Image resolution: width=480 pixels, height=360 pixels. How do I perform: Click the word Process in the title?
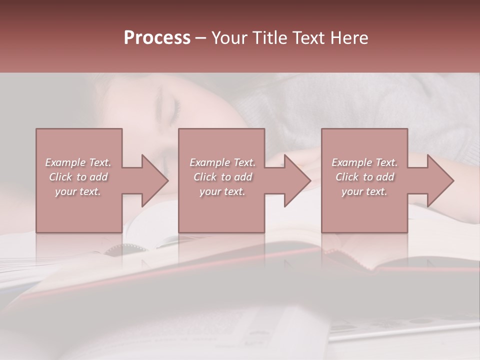[157, 37]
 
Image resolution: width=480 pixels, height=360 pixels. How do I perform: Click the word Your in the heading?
[228, 37]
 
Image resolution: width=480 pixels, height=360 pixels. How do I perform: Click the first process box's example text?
[78, 177]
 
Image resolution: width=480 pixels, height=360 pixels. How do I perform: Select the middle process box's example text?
[222, 177]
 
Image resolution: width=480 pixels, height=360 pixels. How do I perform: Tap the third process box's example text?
[364, 177]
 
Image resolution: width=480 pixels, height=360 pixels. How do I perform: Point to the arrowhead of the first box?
[154, 180]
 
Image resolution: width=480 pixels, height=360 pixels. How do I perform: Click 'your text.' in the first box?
[78, 191]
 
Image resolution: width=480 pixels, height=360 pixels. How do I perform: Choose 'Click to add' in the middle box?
[222, 177]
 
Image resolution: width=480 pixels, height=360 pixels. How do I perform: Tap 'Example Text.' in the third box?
[364, 162]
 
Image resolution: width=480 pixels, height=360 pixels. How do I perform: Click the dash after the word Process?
[201, 38]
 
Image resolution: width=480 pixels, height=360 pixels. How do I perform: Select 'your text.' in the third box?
[364, 191]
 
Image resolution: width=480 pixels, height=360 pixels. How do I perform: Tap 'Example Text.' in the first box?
[78, 162]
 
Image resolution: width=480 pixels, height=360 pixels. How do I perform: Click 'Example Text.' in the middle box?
[222, 162]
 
